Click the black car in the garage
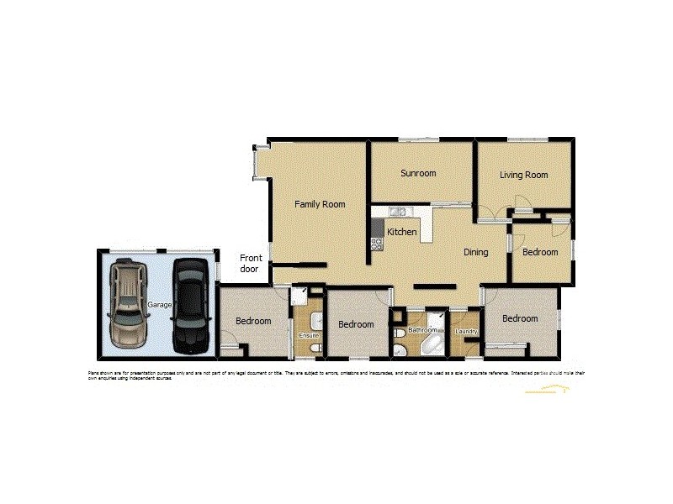point(190,306)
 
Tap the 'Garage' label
point(160,304)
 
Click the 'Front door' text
point(250,264)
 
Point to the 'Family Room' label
point(320,204)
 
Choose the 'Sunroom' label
point(418,174)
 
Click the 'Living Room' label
point(523,175)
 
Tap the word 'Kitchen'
point(402,232)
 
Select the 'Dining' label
point(476,252)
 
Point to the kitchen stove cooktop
point(376,244)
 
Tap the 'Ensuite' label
point(309,336)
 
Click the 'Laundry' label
point(466,332)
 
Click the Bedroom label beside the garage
point(253,321)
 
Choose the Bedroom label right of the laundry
point(520,318)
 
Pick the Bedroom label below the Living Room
point(539,252)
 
